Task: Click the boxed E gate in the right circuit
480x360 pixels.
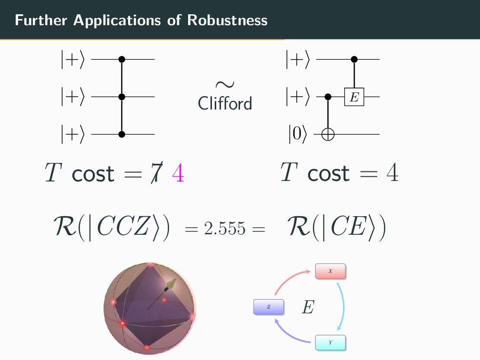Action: click(x=354, y=97)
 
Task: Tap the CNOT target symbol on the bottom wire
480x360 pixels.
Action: click(x=328, y=135)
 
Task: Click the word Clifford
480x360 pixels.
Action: click(x=225, y=103)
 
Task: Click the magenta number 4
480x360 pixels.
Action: click(x=178, y=173)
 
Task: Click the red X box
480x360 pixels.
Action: click(x=330, y=271)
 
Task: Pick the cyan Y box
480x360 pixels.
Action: click(x=330, y=342)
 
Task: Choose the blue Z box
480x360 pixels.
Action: click(x=269, y=307)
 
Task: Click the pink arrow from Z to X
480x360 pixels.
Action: click(x=291, y=280)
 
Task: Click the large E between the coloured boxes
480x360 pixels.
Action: click(x=308, y=308)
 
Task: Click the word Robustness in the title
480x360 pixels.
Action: click(x=228, y=20)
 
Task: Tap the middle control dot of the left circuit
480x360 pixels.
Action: click(x=121, y=97)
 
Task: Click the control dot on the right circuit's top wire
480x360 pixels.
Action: click(x=354, y=60)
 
